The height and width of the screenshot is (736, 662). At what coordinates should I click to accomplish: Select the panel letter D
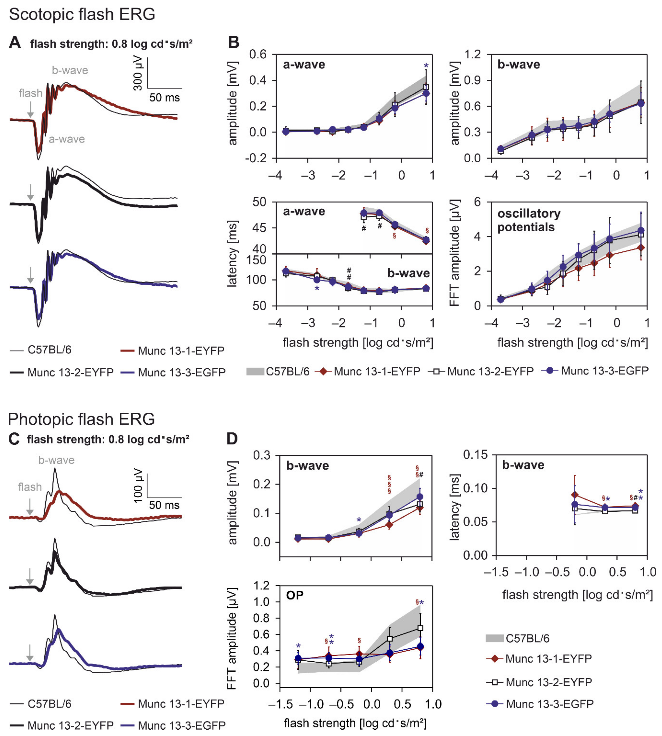[x=232, y=439]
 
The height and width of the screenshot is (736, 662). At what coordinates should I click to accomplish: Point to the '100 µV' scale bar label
[x=138, y=485]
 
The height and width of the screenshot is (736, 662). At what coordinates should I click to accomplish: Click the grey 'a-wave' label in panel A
[x=67, y=139]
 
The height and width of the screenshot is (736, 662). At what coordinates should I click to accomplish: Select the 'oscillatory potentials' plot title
[x=528, y=220]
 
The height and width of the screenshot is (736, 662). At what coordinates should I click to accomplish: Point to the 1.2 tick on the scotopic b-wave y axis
[x=472, y=55]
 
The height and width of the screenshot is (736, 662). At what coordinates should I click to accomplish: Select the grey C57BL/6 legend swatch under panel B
[x=255, y=372]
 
